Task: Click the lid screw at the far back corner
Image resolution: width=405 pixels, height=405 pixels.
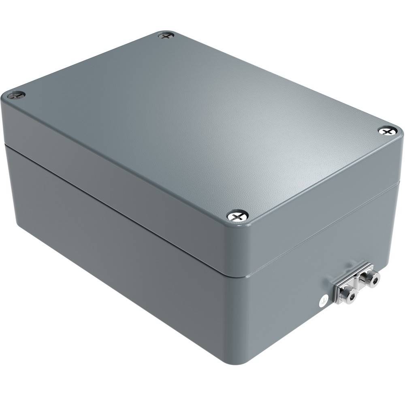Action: [x=166, y=36]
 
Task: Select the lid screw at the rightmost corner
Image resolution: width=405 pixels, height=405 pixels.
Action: [x=387, y=130]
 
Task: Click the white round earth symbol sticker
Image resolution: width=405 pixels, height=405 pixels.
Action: [x=323, y=301]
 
